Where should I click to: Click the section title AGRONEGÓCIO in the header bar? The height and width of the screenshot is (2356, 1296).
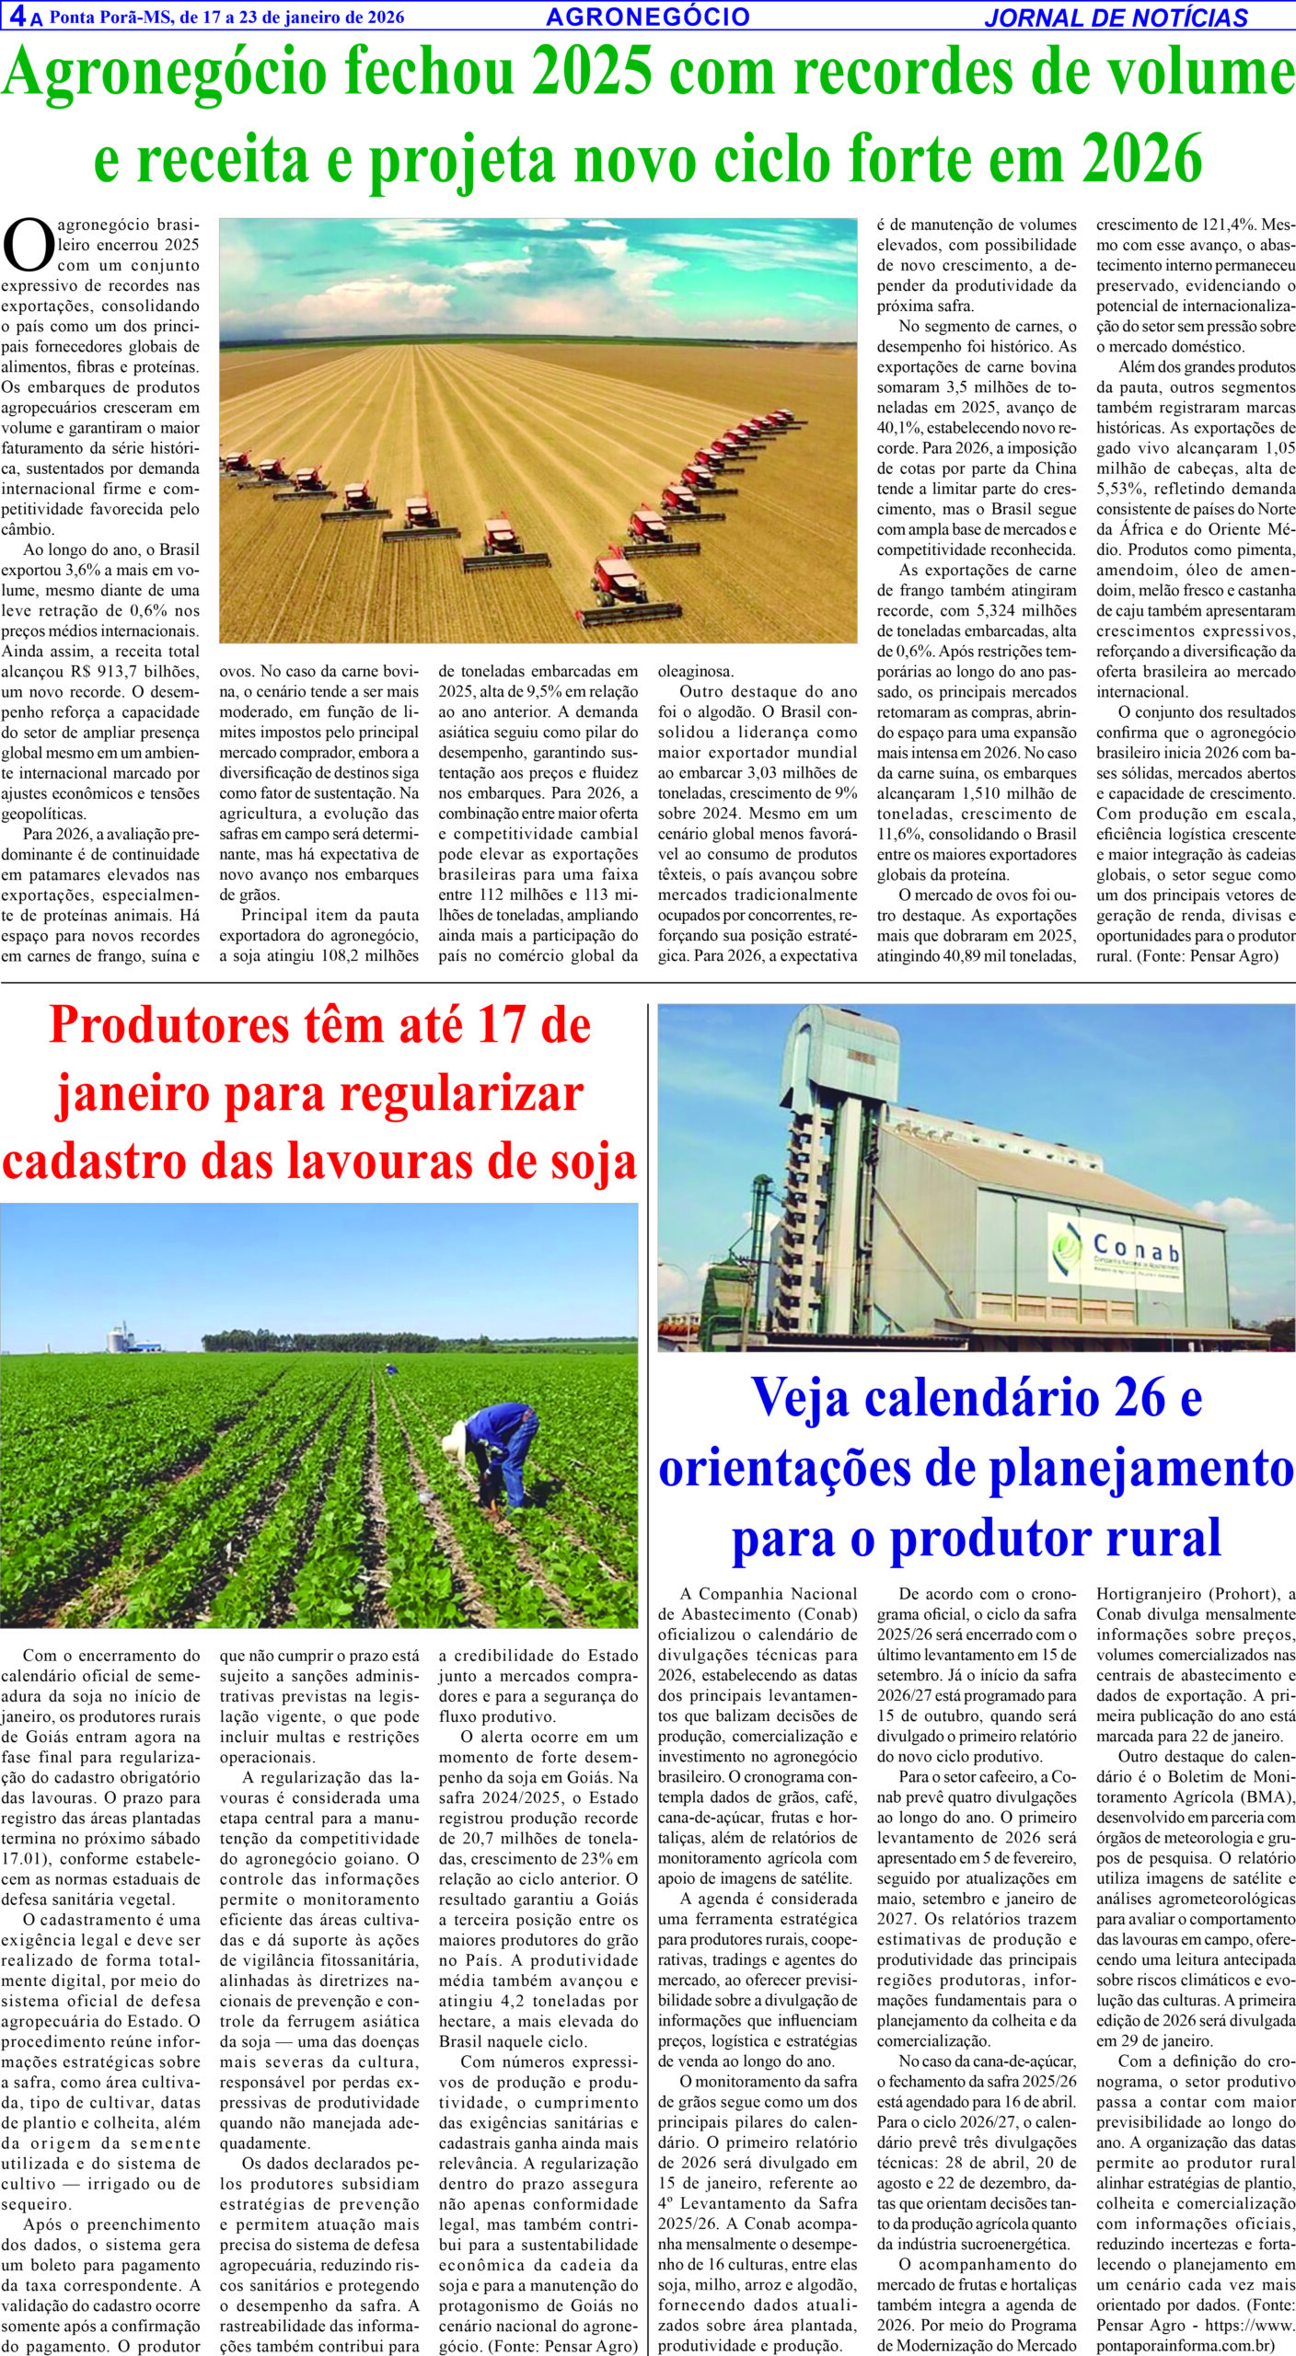(647, 17)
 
